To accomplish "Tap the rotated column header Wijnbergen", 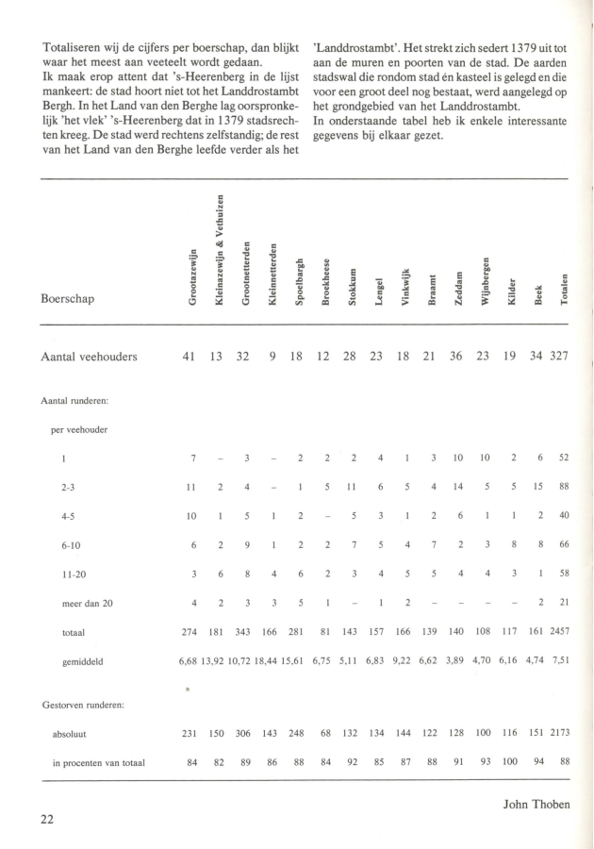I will click(x=487, y=280).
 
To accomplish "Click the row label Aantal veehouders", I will click(x=90, y=357).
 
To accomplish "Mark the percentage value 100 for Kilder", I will click(x=513, y=762).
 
